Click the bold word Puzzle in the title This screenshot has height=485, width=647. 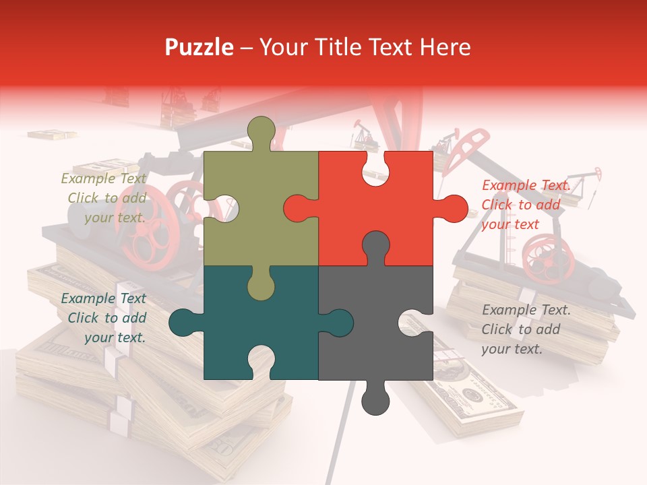199,47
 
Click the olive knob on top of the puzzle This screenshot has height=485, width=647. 261,131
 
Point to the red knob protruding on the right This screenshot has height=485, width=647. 452,208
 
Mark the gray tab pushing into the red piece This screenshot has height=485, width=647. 375,247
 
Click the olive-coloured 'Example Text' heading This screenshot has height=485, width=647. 103,179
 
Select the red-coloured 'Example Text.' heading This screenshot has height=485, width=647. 526,185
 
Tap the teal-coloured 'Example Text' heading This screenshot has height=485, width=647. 103,298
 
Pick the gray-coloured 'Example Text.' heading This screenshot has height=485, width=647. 526,310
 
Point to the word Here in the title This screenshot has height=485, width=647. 445,47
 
